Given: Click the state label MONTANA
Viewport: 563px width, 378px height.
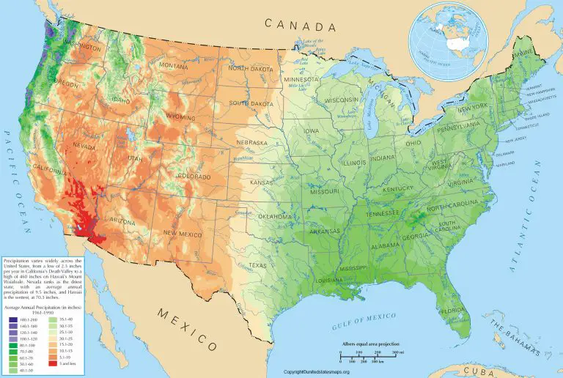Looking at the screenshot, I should [174, 65].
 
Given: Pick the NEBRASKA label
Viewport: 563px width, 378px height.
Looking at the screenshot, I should [252, 143].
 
